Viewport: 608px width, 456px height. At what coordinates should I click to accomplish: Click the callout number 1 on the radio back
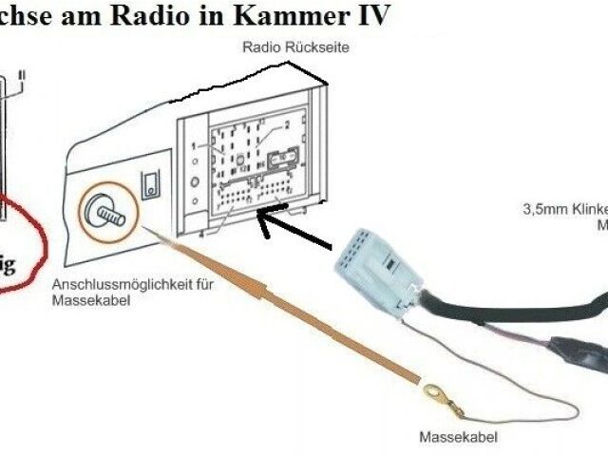(192, 146)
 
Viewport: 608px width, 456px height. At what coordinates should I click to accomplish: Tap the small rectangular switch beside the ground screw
(149, 184)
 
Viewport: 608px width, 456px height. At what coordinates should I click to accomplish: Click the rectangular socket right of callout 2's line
(282, 159)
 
